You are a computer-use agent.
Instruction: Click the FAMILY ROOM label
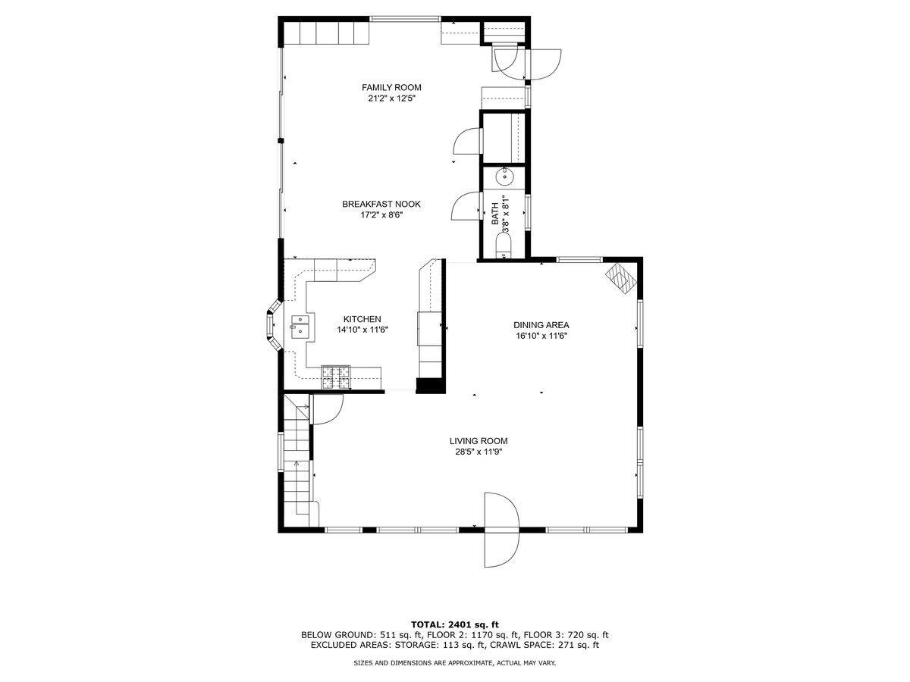(x=391, y=87)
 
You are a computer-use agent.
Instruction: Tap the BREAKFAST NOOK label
(x=381, y=204)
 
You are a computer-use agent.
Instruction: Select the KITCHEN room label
(x=362, y=319)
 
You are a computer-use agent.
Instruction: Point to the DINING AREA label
(x=541, y=325)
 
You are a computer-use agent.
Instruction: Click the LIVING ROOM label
(x=478, y=441)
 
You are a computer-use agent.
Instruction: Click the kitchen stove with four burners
(x=337, y=377)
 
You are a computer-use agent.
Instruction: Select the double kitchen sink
(x=301, y=326)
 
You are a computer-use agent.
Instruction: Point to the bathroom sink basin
(x=505, y=177)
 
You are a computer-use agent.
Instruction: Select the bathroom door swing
(x=464, y=206)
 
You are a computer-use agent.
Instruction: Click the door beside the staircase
(x=328, y=410)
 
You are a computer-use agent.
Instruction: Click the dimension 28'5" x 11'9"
(x=478, y=452)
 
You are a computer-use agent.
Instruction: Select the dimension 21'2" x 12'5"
(x=391, y=99)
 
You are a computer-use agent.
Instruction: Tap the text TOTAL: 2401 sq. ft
(x=455, y=624)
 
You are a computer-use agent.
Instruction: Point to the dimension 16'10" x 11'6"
(x=541, y=336)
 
